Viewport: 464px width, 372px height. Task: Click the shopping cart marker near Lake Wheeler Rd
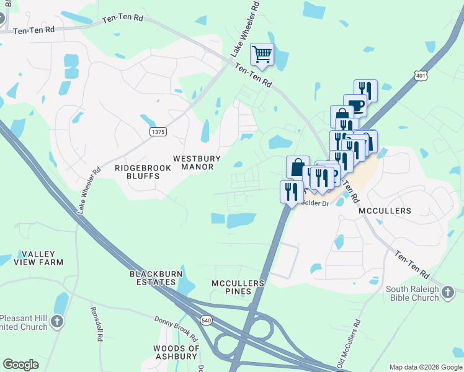click(x=262, y=55)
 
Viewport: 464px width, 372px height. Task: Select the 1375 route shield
click(x=158, y=131)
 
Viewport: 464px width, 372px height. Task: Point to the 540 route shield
click(x=207, y=319)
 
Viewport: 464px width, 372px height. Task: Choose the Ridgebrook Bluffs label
click(x=137, y=172)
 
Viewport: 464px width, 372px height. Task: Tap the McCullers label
click(x=385, y=211)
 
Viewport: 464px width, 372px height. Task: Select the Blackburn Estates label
click(x=153, y=278)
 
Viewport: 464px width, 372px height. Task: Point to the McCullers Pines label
click(x=238, y=287)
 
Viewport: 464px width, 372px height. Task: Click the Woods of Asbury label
click(x=176, y=352)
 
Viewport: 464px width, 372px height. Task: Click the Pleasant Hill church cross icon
click(x=57, y=321)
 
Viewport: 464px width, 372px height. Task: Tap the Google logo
click(x=20, y=365)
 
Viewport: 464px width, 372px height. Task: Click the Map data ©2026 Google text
click(x=425, y=367)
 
